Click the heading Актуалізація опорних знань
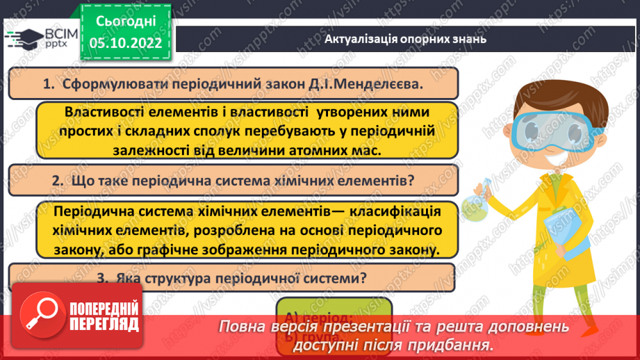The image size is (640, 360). point(405,39)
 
